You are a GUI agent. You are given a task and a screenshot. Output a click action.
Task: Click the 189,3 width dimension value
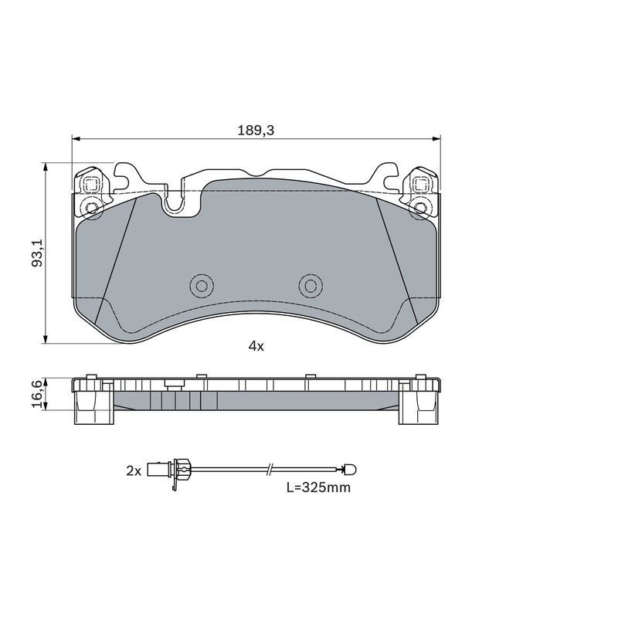point(256,130)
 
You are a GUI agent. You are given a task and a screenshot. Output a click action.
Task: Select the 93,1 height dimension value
point(37,253)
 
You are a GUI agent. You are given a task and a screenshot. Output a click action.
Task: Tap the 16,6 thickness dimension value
point(36,394)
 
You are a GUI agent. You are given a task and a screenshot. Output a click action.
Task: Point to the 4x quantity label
point(256,346)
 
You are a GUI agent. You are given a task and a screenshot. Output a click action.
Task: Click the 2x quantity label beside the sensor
point(134,470)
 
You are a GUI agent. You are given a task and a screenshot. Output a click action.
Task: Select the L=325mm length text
point(318,487)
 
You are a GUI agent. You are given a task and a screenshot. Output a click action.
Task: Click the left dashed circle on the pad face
point(202,285)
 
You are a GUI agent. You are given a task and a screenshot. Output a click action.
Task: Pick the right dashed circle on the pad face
point(311,285)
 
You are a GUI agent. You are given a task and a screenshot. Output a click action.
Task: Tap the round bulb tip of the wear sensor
point(350,469)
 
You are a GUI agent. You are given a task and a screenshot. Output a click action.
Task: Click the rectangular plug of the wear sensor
point(158,469)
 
